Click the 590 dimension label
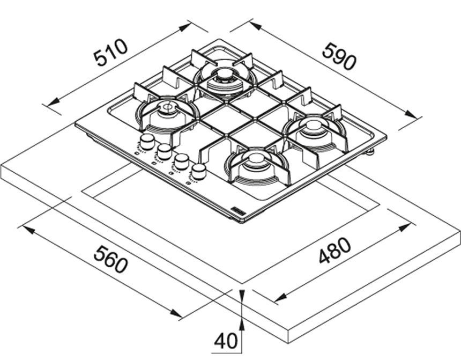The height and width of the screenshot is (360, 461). (x=339, y=56)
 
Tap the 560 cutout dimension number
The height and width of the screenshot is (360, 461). (x=111, y=259)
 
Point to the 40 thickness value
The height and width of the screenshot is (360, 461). (x=226, y=341)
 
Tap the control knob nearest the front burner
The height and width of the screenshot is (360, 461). (x=199, y=171)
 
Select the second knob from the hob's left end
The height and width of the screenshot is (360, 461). (x=164, y=151)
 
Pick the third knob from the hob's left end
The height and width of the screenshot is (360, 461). (x=181, y=161)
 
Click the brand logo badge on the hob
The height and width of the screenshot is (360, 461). (x=237, y=211)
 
